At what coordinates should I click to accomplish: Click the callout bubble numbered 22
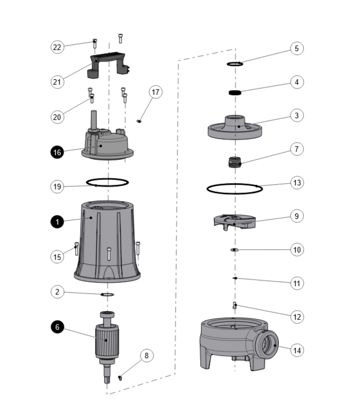(57, 47)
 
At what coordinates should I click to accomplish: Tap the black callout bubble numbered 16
(57, 153)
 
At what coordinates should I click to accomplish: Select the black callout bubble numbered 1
(57, 222)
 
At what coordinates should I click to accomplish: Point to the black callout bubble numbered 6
(57, 327)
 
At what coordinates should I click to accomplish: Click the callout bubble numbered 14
(297, 350)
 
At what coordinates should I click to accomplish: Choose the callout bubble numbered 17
(156, 92)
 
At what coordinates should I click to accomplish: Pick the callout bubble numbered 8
(146, 355)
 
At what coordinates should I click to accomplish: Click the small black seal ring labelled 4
(235, 93)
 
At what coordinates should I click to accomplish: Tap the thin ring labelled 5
(235, 64)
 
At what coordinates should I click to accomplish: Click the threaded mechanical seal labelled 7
(236, 162)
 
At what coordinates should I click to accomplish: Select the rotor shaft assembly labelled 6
(106, 342)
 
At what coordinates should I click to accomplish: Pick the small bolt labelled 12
(235, 305)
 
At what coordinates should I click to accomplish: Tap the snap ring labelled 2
(107, 295)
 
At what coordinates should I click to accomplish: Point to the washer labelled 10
(234, 250)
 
